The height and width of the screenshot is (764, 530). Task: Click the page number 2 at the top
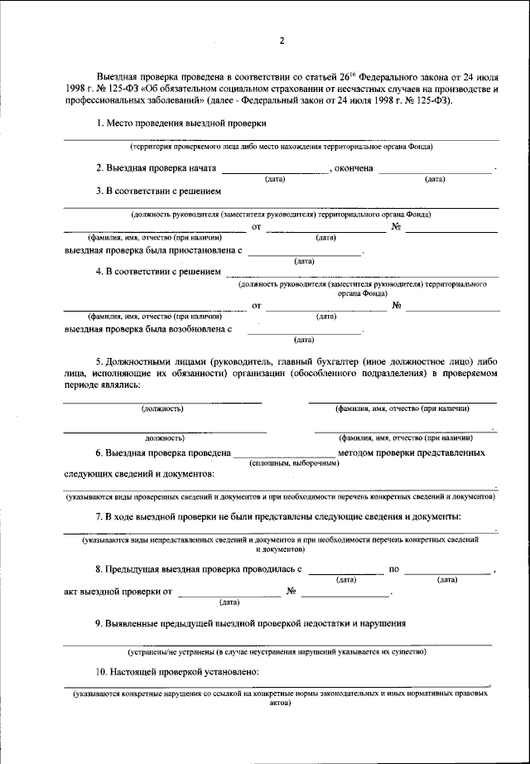282,40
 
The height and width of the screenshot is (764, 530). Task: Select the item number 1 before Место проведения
99,123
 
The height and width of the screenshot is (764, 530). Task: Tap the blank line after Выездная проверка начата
276,172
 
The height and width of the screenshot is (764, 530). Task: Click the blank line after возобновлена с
306,332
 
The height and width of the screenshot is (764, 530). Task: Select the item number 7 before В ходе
99,516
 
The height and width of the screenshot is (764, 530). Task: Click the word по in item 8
394,570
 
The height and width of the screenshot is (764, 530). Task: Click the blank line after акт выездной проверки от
229,595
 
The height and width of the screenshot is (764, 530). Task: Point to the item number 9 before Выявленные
99,622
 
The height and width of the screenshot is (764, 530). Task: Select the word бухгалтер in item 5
373,362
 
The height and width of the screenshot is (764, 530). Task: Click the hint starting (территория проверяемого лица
281,147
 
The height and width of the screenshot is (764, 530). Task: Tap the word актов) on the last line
281,710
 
